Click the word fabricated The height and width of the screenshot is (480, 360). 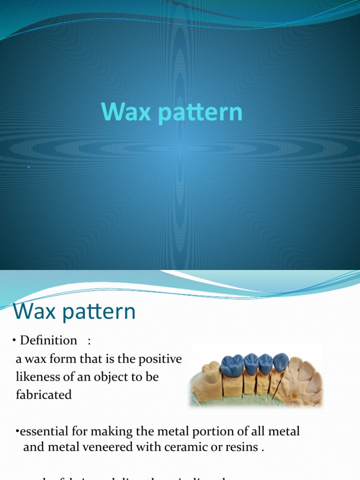point(44,395)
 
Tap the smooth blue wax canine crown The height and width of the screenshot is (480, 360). point(280,362)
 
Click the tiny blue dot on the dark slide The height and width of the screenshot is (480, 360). point(29,167)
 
